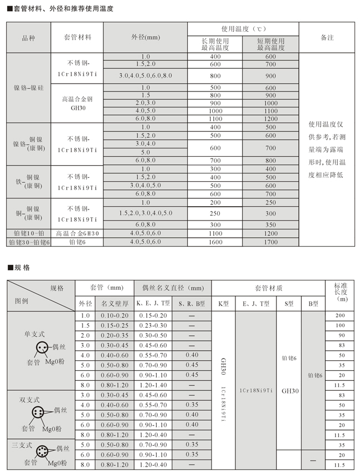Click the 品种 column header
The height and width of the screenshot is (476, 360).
point(28,37)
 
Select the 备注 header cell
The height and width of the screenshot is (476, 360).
point(326,37)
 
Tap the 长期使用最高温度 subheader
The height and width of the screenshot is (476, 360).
point(215,44)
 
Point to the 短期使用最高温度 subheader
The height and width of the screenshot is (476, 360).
point(270,44)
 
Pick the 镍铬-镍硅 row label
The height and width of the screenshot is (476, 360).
point(28,88)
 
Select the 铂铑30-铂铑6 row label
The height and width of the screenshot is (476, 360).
point(28,242)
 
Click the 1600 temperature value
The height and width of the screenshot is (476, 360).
point(215,242)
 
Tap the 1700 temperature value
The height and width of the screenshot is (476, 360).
point(270,242)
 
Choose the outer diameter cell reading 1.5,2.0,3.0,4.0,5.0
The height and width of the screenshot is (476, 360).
point(146,213)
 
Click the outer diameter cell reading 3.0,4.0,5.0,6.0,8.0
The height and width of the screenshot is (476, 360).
point(146,75)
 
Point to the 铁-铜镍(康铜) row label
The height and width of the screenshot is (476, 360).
point(28,181)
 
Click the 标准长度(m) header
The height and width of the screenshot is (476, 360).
point(340,292)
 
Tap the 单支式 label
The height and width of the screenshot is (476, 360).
point(34,335)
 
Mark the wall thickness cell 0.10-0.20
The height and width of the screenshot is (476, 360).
point(114,315)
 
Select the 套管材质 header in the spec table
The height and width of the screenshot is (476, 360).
point(268,288)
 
